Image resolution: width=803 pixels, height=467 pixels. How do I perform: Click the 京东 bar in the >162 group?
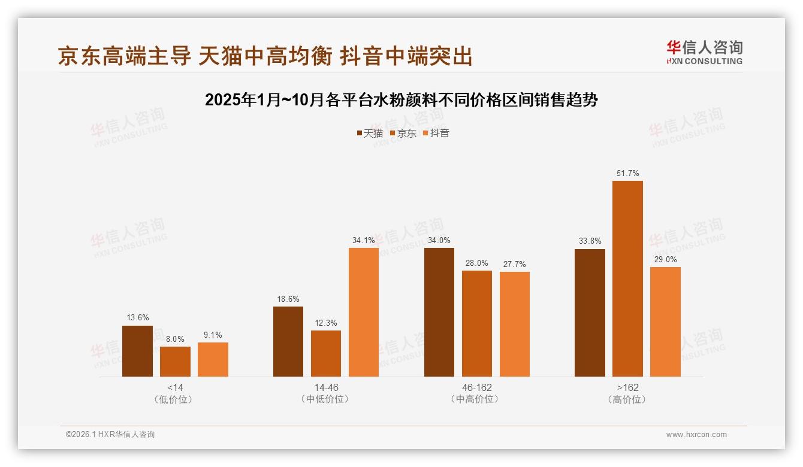coord(627,278)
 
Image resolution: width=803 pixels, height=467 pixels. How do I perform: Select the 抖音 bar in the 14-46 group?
coord(364,312)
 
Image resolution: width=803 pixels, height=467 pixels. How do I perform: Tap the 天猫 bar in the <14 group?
coord(137,351)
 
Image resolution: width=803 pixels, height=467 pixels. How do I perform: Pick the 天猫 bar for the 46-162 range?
coord(439,312)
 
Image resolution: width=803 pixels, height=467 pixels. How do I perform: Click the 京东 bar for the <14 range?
coord(175,362)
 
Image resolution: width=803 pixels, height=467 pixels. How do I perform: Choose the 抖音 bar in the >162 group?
coord(665,322)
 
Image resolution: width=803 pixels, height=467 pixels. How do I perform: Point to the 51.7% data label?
coord(627,174)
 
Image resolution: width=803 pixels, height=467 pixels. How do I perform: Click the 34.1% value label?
coord(364,241)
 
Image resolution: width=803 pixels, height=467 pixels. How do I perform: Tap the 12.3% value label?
coord(326,323)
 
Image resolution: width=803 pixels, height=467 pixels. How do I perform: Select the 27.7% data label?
coord(515,265)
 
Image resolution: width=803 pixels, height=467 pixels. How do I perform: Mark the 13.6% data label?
coord(137,317)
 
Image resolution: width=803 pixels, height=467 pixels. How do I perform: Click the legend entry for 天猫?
coord(369,134)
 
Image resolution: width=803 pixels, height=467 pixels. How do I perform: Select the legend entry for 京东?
coord(403,134)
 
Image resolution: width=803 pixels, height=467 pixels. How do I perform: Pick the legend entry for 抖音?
coord(436,134)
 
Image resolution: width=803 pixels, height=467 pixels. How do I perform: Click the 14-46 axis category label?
coord(326,387)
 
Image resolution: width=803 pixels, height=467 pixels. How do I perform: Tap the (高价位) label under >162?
coord(627,399)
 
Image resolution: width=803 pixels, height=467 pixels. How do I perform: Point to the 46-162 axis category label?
coord(477,387)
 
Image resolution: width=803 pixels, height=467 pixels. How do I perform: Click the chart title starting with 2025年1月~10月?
coord(402,100)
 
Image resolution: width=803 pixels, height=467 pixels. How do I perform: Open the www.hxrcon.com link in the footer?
coord(696,435)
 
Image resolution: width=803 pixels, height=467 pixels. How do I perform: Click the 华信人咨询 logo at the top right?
coord(704,52)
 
